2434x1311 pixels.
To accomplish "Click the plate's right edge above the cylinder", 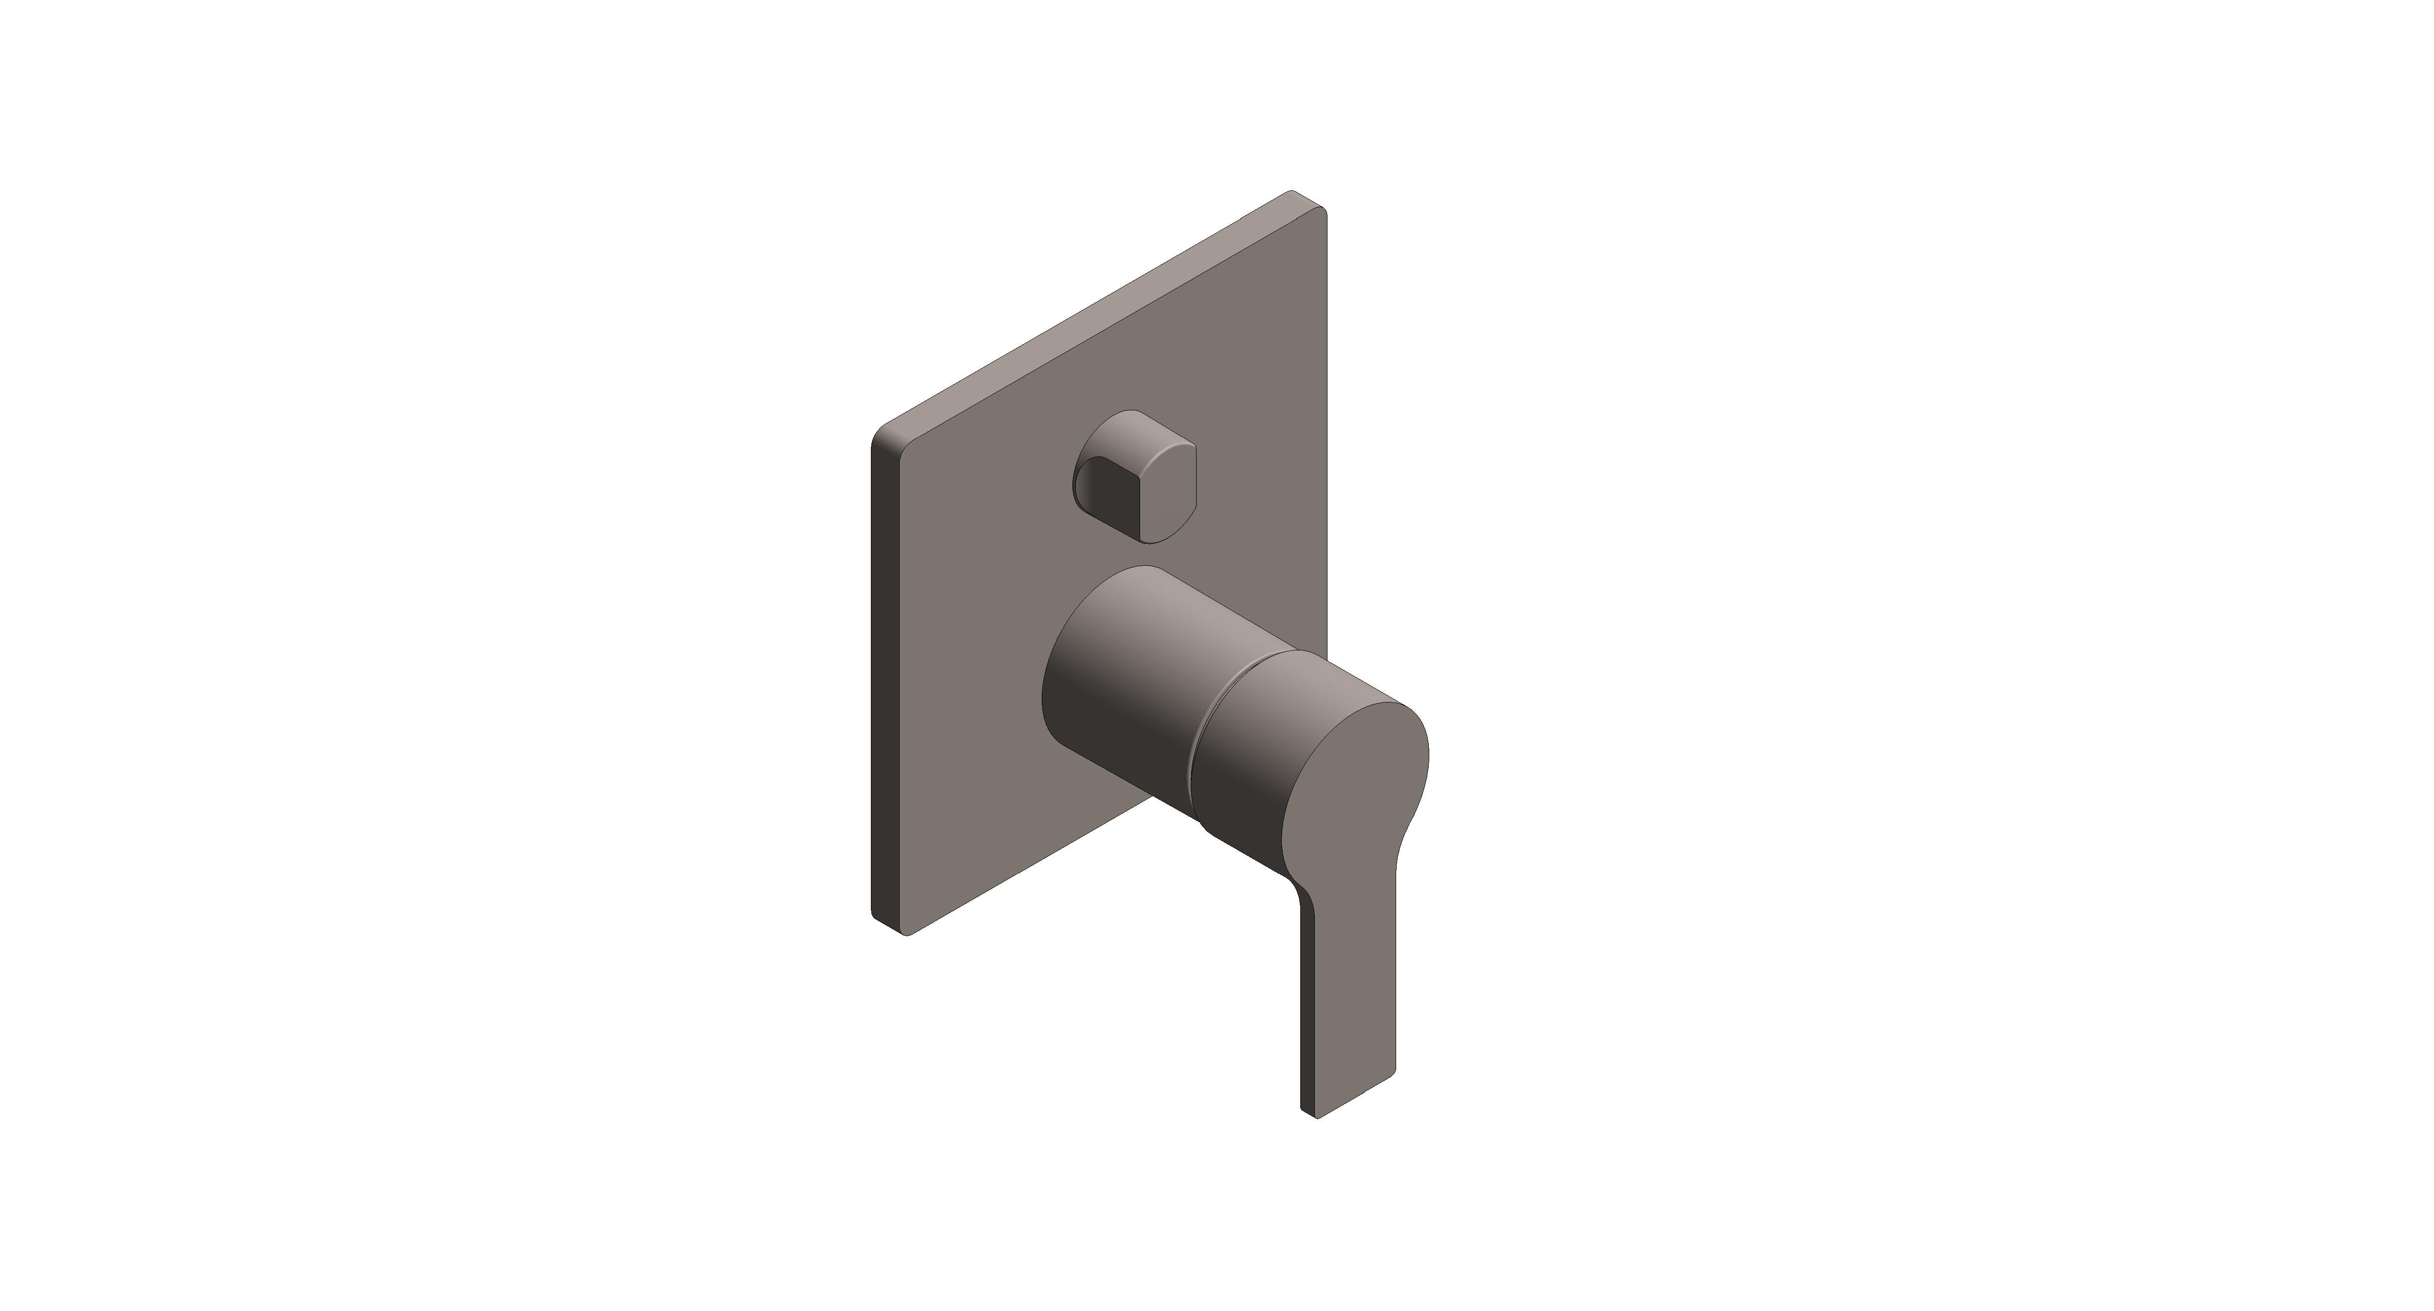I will pyautogui.click(x=1326, y=473).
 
